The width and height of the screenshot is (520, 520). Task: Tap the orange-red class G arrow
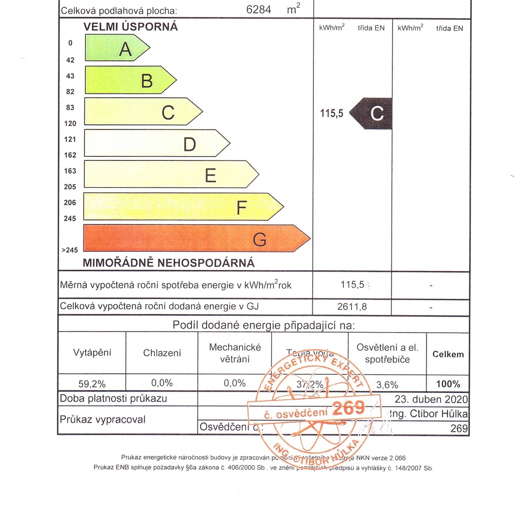click(196, 238)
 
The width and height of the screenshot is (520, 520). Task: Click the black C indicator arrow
click(372, 113)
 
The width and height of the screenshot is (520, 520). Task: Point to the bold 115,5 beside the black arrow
click(332, 114)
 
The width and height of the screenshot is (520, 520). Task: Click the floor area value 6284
click(259, 9)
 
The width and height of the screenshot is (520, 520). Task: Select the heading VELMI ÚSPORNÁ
click(131, 27)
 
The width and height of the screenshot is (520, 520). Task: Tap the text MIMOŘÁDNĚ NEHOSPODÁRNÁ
click(169, 263)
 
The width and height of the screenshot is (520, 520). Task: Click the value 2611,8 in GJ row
click(352, 306)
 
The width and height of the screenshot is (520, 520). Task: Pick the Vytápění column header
click(92, 352)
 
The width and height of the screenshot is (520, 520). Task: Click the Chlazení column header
click(162, 353)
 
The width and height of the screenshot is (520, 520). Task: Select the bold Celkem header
click(448, 354)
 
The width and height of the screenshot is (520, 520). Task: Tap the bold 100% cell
click(448, 384)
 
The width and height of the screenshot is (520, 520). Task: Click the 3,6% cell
click(387, 385)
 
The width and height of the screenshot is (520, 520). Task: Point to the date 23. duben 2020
click(431, 399)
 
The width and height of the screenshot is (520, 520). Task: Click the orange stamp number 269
click(348, 408)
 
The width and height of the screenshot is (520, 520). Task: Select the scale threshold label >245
click(70, 250)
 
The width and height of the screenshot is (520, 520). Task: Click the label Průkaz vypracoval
click(103, 419)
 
